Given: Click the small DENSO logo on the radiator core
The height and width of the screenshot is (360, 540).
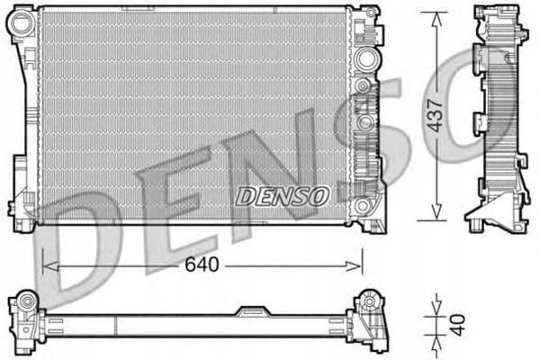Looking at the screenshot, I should tap(283, 194).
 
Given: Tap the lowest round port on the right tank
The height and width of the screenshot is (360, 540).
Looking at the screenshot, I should tap(364, 206).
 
